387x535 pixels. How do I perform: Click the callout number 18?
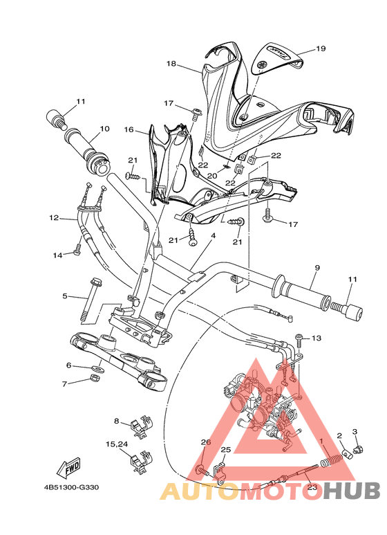[x=171, y=64]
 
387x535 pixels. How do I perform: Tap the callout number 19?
[x=320, y=49]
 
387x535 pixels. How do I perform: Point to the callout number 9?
[x=317, y=267]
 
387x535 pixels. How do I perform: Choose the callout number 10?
[x=104, y=129]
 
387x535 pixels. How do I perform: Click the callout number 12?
[x=54, y=218]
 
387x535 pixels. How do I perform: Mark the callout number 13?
[x=317, y=338]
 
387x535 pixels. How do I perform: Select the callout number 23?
[x=312, y=487]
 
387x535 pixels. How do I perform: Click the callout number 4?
[x=214, y=236]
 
